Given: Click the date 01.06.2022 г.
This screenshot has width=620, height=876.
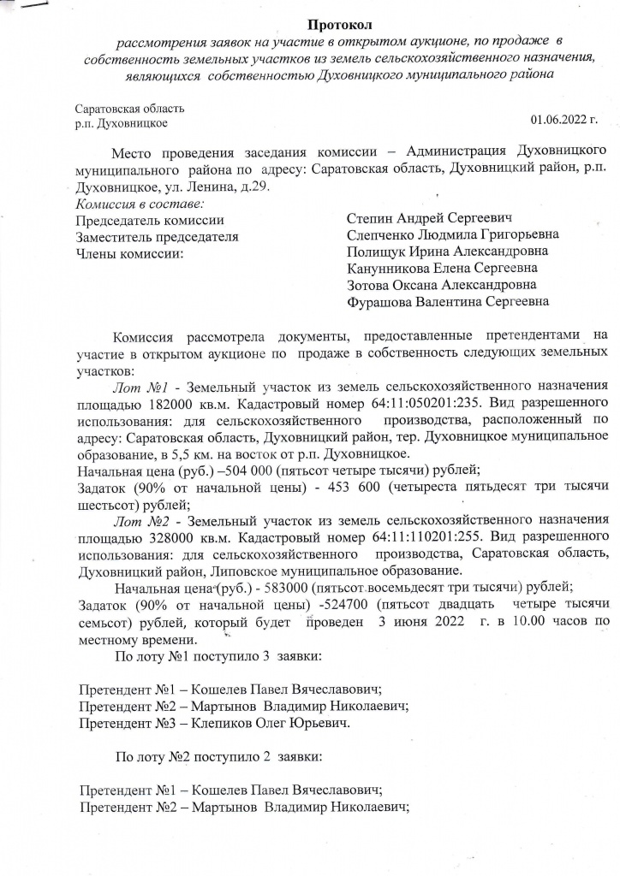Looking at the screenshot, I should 563,118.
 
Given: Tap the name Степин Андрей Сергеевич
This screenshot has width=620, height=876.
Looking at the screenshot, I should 430,220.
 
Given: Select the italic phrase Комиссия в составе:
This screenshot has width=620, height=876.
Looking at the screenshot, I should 140,204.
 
